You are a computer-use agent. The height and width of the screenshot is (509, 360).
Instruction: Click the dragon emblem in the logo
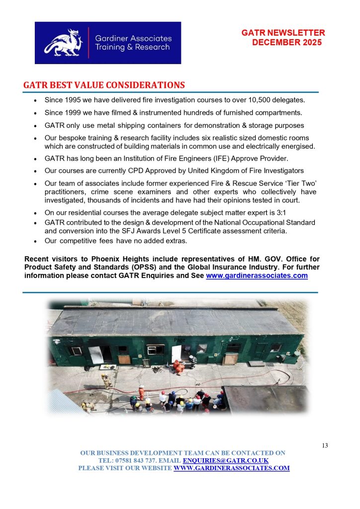click(62, 42)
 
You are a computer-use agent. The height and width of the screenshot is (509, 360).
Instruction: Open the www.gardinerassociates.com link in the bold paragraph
click(257, 276)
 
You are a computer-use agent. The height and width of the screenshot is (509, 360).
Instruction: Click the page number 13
click(324, 445)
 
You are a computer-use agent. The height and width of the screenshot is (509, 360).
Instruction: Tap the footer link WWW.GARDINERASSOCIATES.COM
click(231, 468)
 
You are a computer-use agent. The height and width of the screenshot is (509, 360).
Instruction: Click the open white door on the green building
click(176, 354)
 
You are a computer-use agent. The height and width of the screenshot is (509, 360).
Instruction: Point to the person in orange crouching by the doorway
click(177, 367)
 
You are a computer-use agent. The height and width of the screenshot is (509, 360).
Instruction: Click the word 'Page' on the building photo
click(179, 340)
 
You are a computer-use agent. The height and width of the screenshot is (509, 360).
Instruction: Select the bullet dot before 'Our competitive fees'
click(35, 241)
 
